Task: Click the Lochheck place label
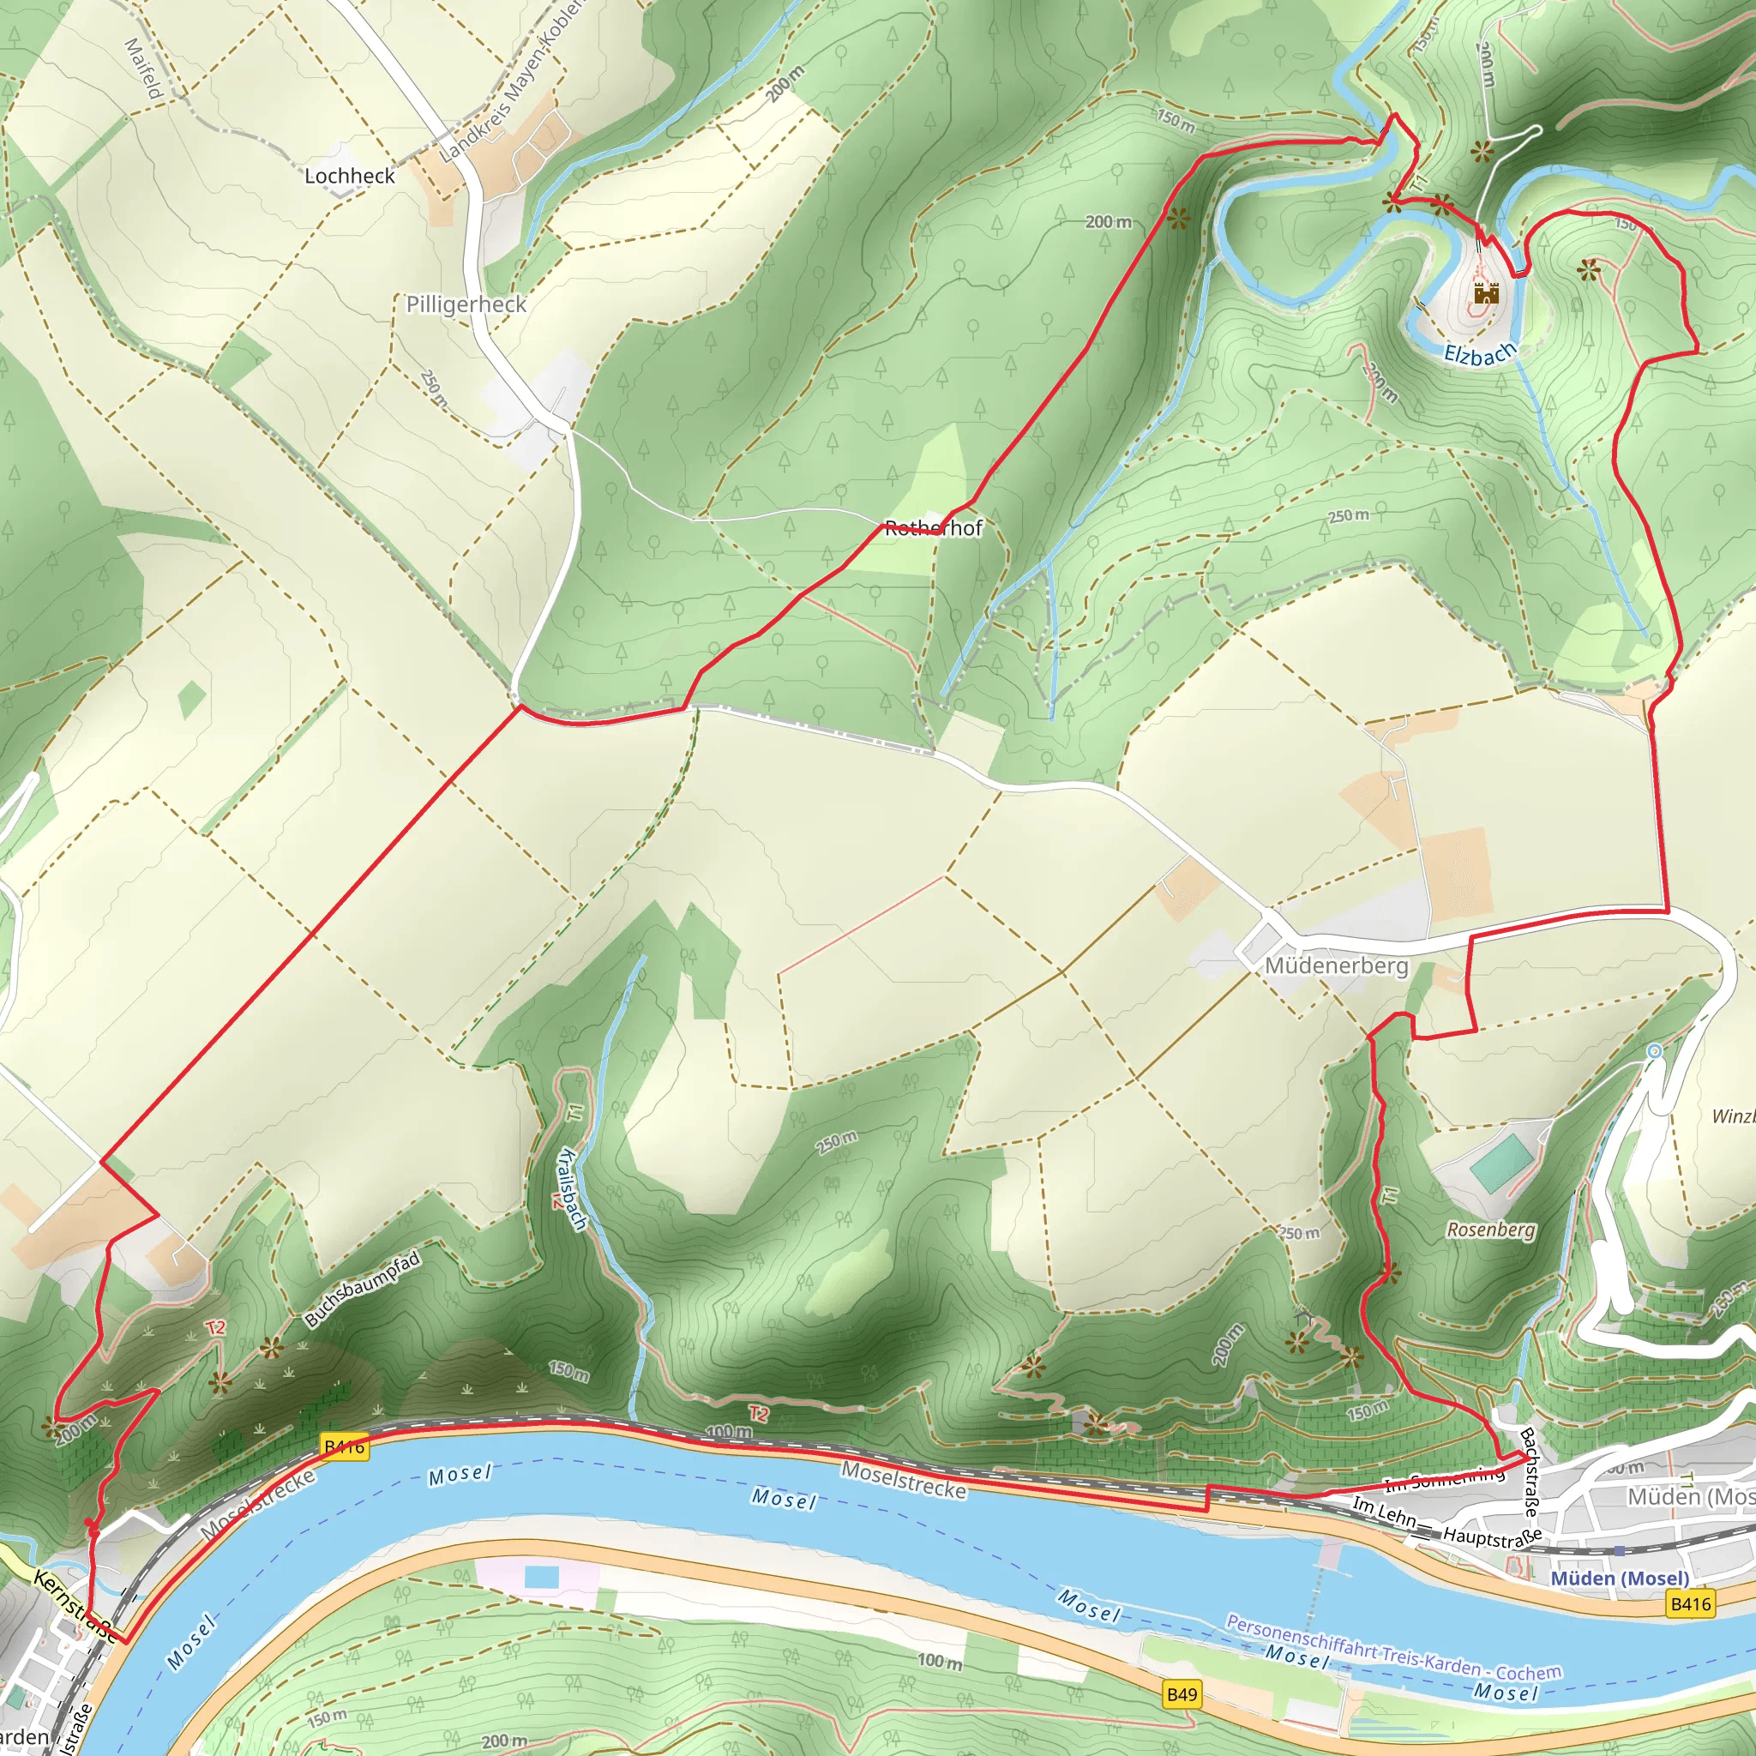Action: (350, 176)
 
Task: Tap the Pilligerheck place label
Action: (466, 304)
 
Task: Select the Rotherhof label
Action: (934, 528)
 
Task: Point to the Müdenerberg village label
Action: (1336, 965)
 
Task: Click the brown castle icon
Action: (1486, 292)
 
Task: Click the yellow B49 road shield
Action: (1182, 1693)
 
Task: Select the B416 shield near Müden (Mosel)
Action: (1691, 1604)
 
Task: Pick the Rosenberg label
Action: (1490, 1230)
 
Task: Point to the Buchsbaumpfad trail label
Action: (363, 1289)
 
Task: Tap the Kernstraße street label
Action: (75, 1607)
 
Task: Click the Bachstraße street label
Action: (1531, 1473)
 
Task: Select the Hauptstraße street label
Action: (1493, 1538)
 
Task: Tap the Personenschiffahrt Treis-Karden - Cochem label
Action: (1393, 1648)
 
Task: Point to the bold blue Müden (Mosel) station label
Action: (1620, 1578)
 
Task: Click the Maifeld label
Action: (143, 69)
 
